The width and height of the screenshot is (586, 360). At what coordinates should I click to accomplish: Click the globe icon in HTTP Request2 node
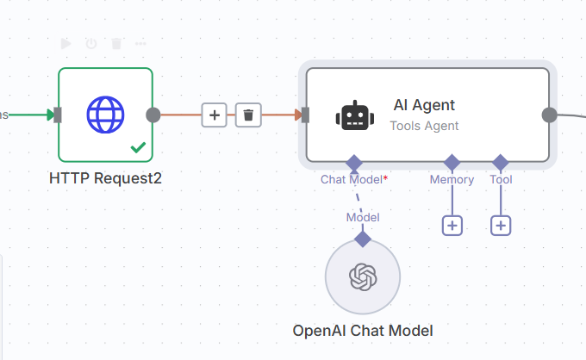(105, 114)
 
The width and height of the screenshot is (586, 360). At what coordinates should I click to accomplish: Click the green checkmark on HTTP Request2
(138, 147)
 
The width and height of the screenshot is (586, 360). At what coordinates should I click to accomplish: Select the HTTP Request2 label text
(105, 178)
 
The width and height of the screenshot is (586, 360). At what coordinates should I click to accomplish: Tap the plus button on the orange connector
(215, 115)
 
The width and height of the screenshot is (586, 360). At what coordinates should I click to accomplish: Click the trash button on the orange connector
(248, 115)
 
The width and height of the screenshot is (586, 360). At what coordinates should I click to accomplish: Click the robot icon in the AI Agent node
(355, 115)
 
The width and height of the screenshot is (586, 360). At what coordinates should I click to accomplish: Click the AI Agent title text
(424, 105)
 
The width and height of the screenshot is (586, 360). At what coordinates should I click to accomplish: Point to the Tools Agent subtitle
(424, 126)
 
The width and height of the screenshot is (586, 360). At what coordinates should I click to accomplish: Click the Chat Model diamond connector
(353, 162)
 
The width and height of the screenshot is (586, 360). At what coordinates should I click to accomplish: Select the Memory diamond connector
(452, 162)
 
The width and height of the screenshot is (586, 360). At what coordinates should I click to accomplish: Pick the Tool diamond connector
(501, 162)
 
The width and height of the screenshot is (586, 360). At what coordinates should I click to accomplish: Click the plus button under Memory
(452, 226)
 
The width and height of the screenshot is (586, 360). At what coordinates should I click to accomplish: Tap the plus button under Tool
(501, 226)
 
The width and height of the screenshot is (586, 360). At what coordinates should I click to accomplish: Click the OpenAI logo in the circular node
(362, 276)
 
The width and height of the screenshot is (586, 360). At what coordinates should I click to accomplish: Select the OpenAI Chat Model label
(362, 331)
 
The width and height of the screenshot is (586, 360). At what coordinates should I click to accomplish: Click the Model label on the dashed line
(363, 217)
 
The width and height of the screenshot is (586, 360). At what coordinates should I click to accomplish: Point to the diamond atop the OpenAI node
(363, 239)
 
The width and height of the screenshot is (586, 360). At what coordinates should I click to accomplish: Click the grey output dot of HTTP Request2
(153, 115)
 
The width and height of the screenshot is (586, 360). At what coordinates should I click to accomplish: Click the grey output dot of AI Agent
(548, 115)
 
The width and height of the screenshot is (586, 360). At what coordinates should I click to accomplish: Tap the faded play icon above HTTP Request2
(66, 43)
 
